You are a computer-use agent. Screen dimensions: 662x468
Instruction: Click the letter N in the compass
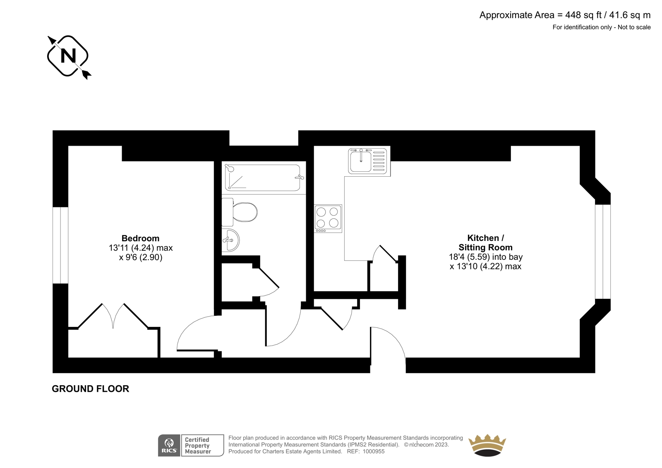tap(68, 55)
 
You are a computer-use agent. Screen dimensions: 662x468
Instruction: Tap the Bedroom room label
tap(140, 238)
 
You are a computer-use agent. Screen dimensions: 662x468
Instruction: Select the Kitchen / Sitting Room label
tap(486, 243)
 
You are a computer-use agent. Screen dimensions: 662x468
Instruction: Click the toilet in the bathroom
tap(240, 212)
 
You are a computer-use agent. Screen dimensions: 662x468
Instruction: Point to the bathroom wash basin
tap(230, 240)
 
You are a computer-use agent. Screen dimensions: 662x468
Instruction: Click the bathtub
tap(263, 178)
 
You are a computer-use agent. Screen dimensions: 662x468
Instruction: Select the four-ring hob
tap(328, 218)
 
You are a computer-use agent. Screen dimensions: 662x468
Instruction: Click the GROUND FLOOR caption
tap(91, 389)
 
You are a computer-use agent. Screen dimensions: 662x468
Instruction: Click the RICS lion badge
tap(169, 445)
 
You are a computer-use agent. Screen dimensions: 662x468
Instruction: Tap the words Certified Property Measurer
tap(198, 446)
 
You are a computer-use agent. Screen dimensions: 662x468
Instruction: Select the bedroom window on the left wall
tap(60, 245)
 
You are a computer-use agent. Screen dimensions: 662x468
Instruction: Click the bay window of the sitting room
tap(603, 252)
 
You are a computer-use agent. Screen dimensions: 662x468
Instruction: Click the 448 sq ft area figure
tap(583, 15)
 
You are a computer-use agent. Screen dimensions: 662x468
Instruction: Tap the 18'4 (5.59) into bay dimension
tap(486, 257)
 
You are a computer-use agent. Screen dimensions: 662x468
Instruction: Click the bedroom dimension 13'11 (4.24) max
tap(141, 248)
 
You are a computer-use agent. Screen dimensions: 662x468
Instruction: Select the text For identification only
tap(582, 27)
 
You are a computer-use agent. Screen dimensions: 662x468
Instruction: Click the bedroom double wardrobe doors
tap(113, 316)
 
